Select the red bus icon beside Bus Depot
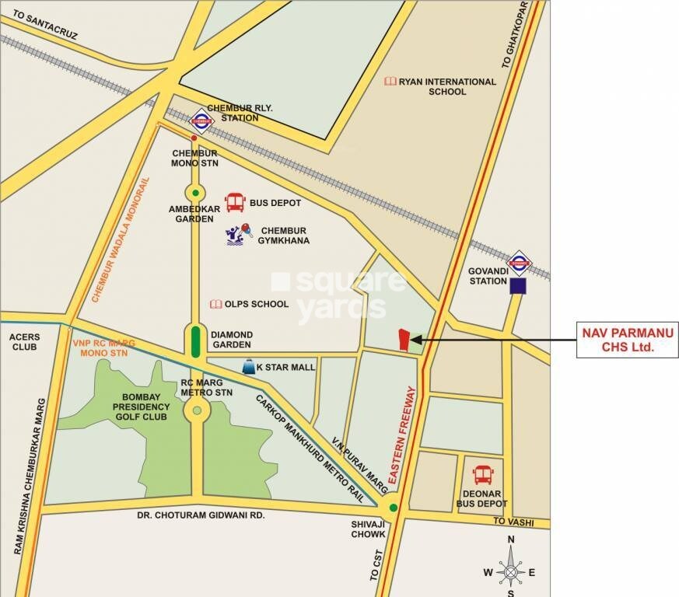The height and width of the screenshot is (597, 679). (235, 203)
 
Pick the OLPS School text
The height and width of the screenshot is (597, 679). (256, 304)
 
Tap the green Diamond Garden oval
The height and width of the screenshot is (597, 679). (194, 342)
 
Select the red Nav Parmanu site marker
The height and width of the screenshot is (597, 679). (403, 339)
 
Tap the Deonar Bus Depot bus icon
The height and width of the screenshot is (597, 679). (482, 473)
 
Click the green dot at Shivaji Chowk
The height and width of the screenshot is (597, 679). (394, 508)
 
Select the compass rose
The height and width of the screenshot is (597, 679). (510, 572)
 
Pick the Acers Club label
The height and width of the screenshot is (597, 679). (21, 340)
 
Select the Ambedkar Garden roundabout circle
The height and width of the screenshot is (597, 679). (194, 192)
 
